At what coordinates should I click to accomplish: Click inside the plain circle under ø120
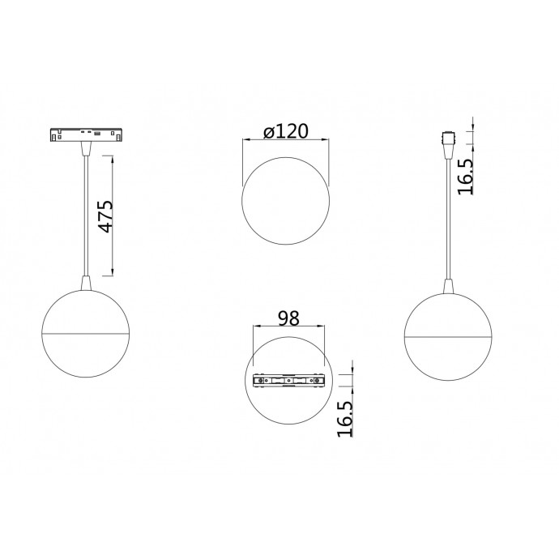click(x=286, y=199)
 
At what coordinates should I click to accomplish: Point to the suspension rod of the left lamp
click(x=84, y=211)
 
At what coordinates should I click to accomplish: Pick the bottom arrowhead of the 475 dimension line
click(x=112, y=272)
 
